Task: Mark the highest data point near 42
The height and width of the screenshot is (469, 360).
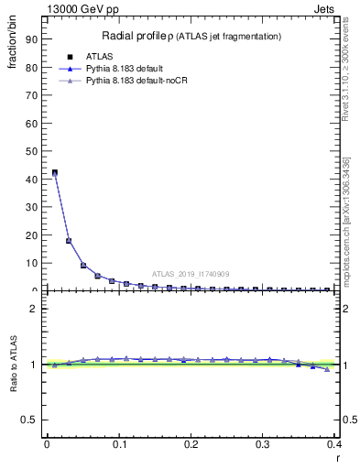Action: [54, 172]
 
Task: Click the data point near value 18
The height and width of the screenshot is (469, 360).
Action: [69, 241]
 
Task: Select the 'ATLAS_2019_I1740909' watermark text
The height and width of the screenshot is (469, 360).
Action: [190, 275]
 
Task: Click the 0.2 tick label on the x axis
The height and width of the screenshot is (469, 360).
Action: [191, 444]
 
